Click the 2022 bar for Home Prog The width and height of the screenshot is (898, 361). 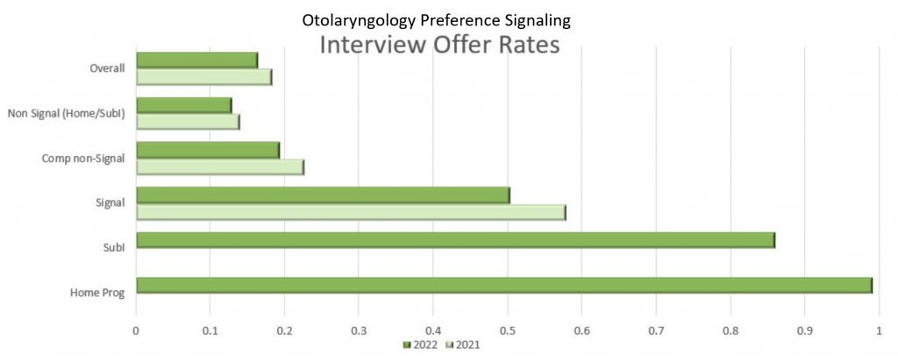[x=504, y=286]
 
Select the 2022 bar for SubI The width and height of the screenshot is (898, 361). [x=456, y=240]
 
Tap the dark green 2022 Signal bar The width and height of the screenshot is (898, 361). [x=324, y=195]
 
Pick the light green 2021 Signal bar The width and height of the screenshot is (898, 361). [x=352, y=213]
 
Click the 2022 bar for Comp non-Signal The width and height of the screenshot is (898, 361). [x=209, y=150]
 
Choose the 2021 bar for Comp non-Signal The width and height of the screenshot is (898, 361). [x=221, y=167]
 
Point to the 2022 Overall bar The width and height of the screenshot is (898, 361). [x=197, y=60]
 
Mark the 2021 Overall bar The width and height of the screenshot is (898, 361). [x=204, y=77]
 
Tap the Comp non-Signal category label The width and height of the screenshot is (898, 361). [x=83, y=158]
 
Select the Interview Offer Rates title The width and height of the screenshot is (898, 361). [x=438, y=46]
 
